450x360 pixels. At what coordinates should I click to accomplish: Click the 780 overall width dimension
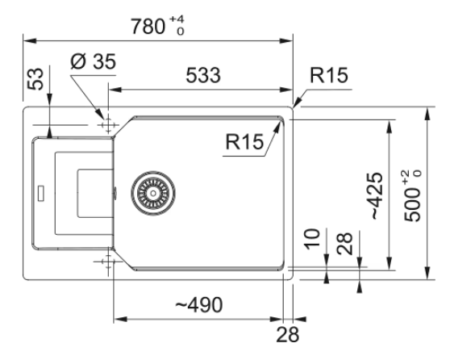[x=148, y=27]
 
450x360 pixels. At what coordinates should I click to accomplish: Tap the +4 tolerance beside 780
[x=177, y=19]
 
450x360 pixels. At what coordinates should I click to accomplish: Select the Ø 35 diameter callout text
[x=94, y=61]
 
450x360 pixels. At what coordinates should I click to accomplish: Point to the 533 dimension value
[x=203, y=75]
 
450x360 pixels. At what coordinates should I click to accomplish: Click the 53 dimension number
[x=35, y=79]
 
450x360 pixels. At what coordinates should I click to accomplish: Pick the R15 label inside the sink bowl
[x=244, y=141]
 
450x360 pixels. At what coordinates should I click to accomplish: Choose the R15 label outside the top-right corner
[x=329, y=75]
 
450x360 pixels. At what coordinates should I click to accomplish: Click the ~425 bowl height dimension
[x=377, y=195]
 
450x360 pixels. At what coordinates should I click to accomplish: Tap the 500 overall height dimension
[x=412, y=204]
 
